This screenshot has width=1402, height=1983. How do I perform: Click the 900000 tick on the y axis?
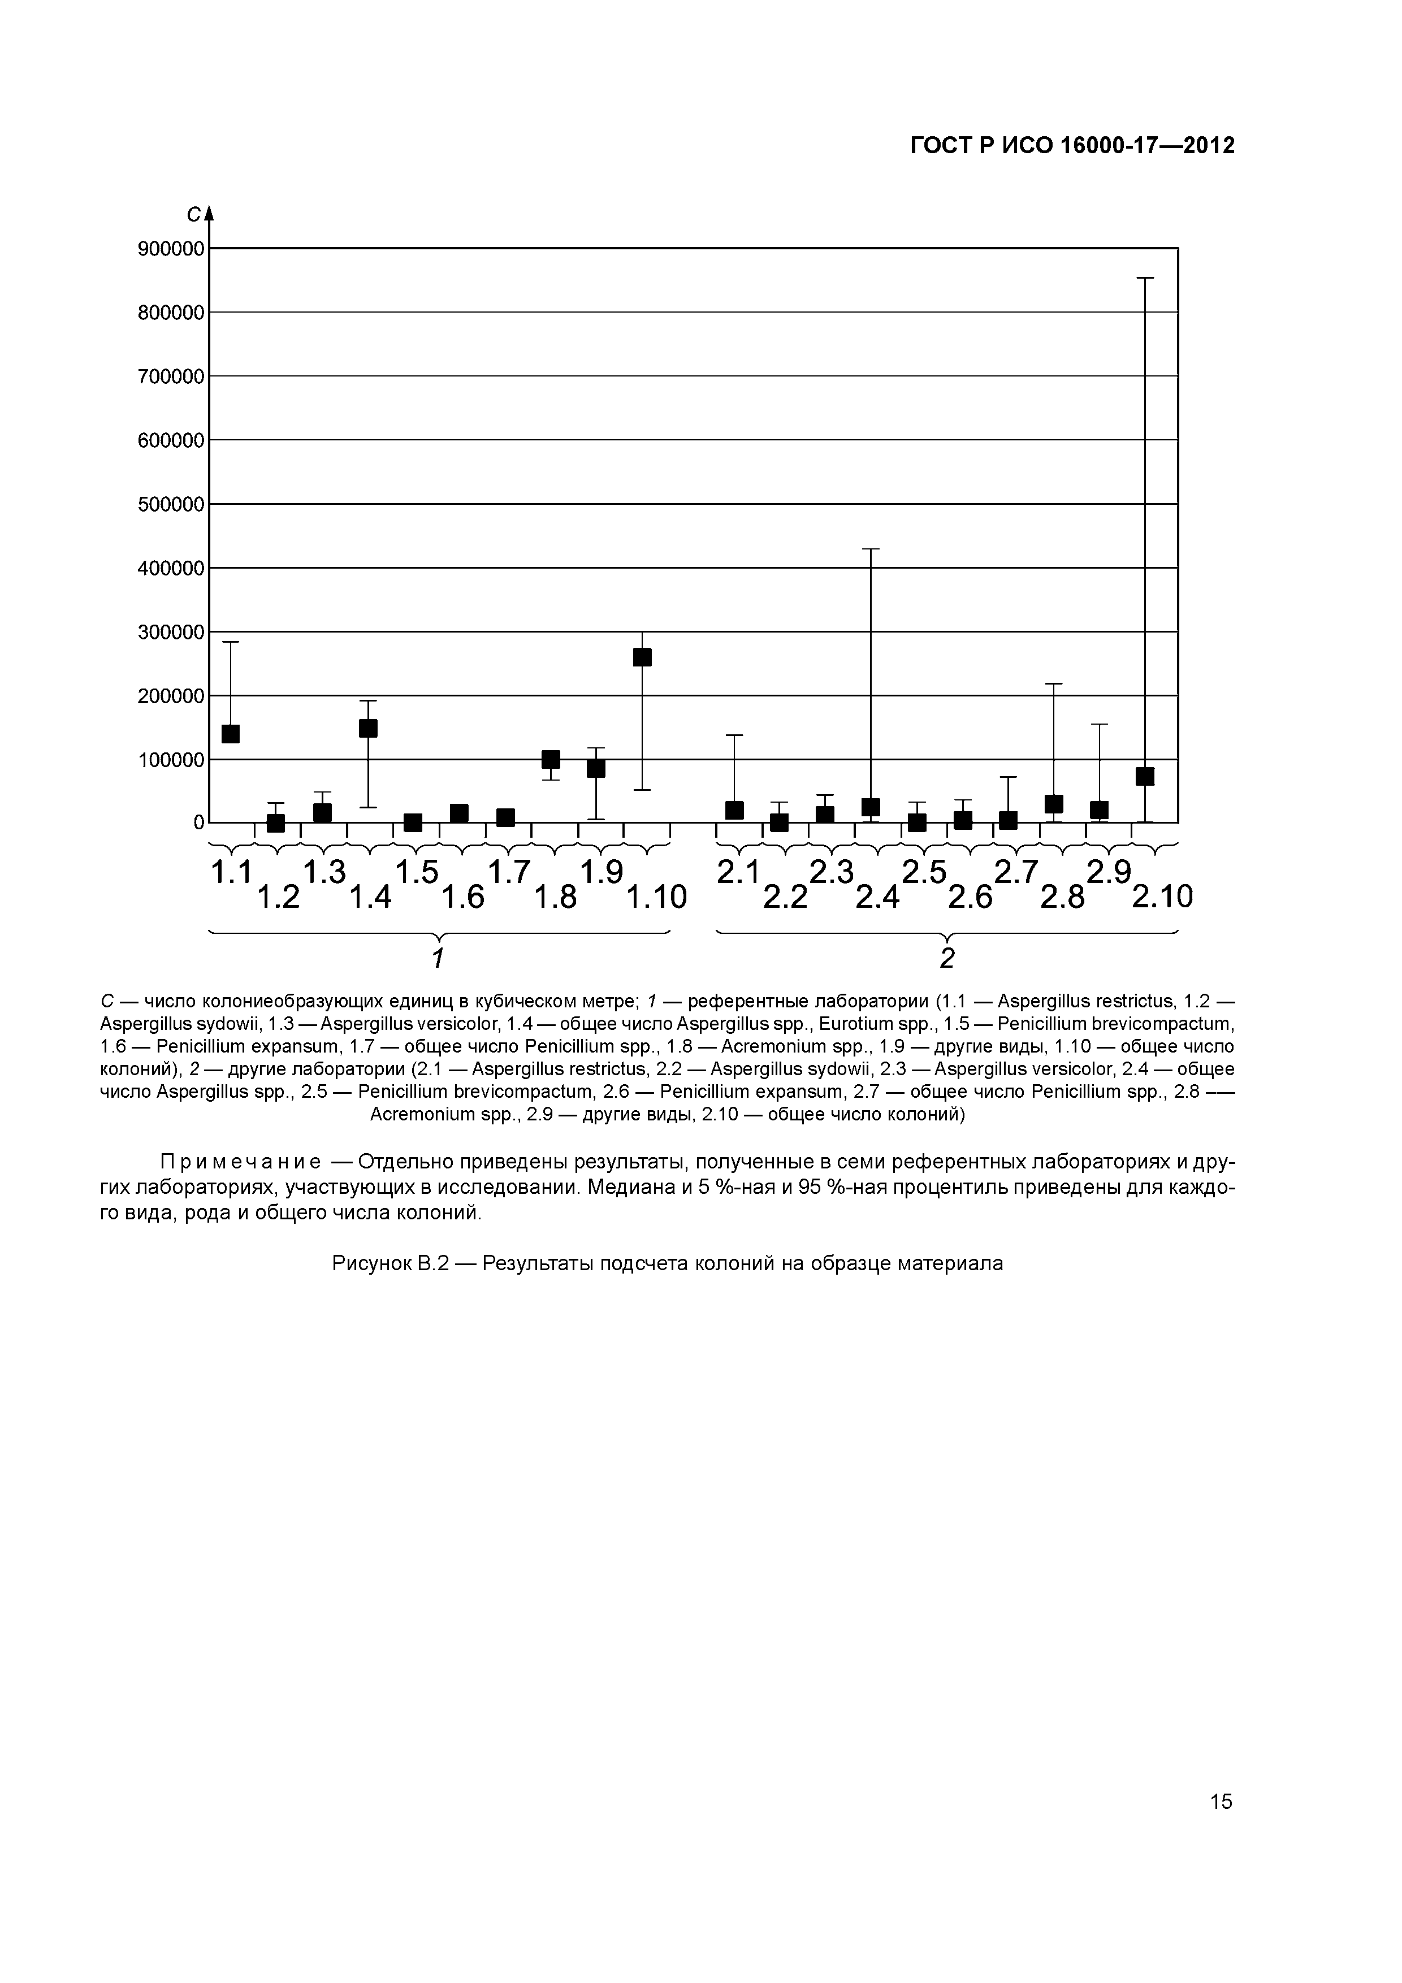pos(171,249)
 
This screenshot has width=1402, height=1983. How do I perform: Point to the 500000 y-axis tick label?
pos(171,504)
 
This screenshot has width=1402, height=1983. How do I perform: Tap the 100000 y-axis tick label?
pos(171,760)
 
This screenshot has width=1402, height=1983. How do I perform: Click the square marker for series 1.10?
pos(642,657)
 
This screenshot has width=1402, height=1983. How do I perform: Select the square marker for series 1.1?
pos(231,734)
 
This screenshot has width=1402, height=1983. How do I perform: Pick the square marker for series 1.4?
pos(368,728)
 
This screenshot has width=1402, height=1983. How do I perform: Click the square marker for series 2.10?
pos(1145,777)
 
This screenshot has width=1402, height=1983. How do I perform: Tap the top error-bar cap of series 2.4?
pos(871,549)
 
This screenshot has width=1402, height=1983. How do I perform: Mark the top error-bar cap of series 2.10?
pos(1145,278)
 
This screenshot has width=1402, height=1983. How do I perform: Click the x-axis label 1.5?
pos(417,872)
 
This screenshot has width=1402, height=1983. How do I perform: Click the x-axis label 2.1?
pos(738,872)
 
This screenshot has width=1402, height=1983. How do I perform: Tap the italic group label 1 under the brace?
pos(438,958)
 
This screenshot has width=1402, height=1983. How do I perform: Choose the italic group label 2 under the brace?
pos(947,958)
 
